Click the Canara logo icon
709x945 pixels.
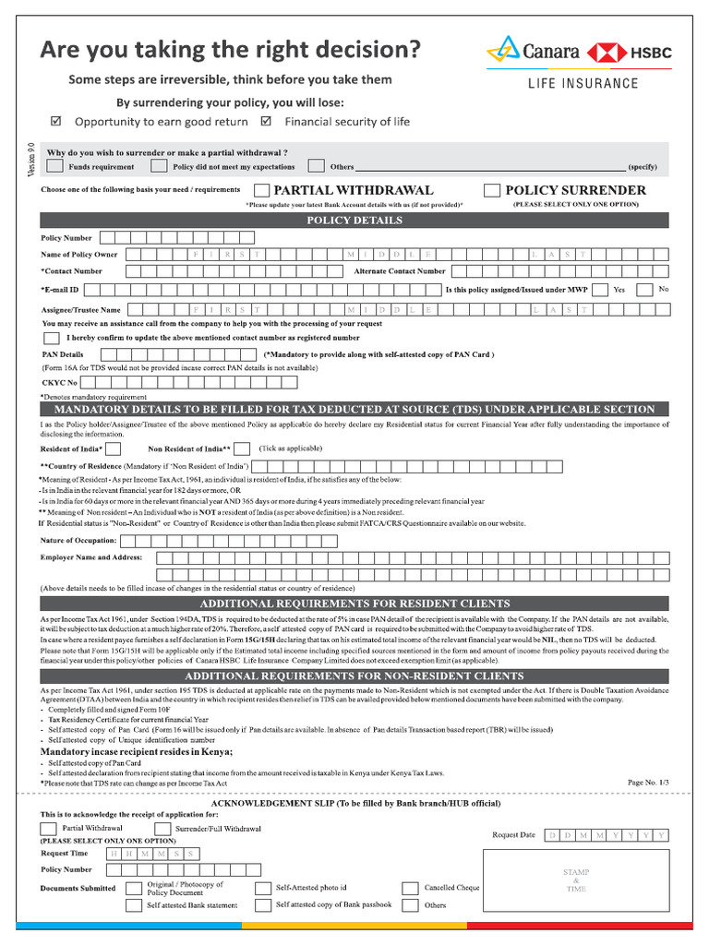pos(504,49)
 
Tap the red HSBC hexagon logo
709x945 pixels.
pos(606,53)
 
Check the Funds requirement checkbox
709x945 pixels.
pos(55,166)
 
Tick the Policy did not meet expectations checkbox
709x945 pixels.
pos(159,166)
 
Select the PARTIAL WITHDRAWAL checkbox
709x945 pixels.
pos(261,190)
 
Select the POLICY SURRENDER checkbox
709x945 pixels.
pos(492,190)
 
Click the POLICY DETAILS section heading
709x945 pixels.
pos(354,221)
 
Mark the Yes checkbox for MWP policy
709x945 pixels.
pos(600,290)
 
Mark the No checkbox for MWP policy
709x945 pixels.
pos(645,290)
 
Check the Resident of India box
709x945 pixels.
pos(114,449)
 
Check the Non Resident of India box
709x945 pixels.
pos(241,449)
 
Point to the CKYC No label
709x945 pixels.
pos(60,382)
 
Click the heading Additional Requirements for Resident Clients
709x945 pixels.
pos(354,604)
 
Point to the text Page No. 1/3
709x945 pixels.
pos(648,783)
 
